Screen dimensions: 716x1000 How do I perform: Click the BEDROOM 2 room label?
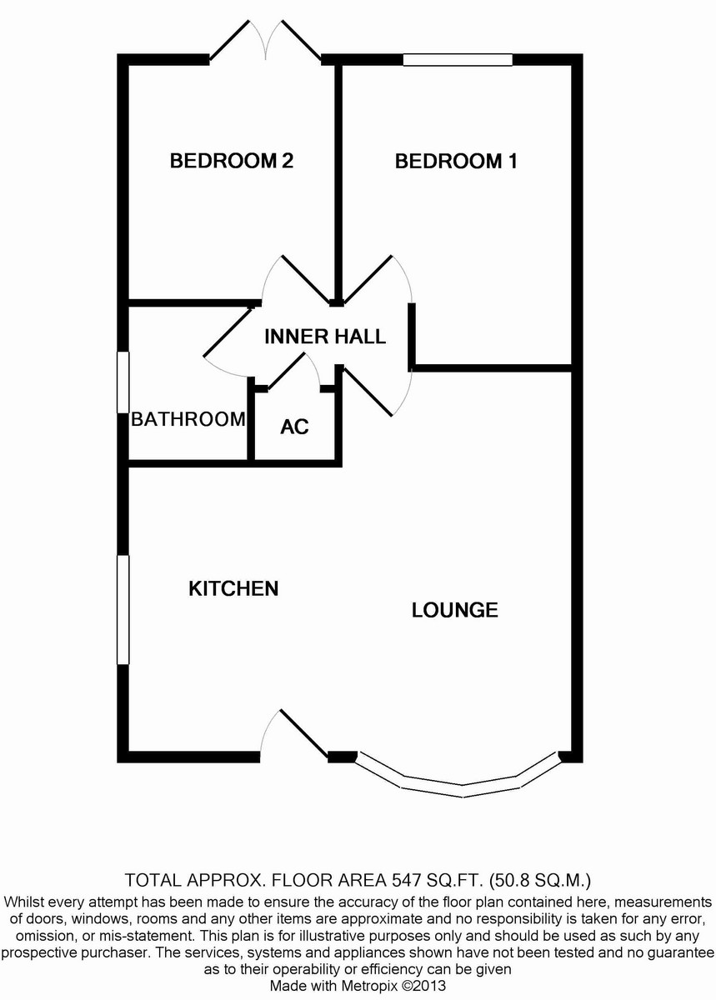pos(231,161)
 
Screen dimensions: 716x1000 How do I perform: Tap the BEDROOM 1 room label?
pos(456,161)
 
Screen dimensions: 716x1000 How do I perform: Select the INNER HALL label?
pos(325,337)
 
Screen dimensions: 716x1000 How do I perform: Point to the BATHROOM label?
pos(188,419)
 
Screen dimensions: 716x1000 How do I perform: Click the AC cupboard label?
pos(294,427)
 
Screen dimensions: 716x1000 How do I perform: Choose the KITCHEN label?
pos(233,588)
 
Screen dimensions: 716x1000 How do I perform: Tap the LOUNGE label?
pos(455,610)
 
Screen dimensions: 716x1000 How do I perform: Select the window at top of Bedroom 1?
pos(458,59)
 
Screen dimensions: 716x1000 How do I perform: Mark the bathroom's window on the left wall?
pos(123,382)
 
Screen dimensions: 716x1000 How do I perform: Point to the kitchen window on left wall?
pos(123,609)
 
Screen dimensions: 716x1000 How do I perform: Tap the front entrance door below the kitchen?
pos(303,733)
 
